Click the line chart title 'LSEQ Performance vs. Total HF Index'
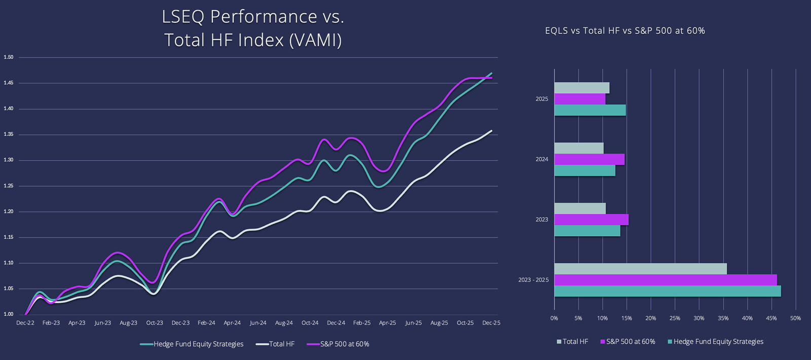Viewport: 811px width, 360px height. (x=253, y=28)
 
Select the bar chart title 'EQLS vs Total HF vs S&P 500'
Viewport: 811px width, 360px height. (x=624, y=31)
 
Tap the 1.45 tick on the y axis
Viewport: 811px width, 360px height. (x=9, y=83)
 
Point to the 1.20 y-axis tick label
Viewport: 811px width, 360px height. (x=9, y=211)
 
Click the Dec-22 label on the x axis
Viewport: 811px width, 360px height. (x=25, y=323)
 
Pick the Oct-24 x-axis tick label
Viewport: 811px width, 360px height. (x=310, y=323)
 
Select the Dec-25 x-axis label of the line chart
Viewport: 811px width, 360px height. (x=491, y=323)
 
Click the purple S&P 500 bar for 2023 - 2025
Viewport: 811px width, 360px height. (x=665, y=280)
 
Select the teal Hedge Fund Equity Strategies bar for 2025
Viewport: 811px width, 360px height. (x=590, y=110)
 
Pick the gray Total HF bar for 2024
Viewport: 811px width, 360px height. (x=579, y=148)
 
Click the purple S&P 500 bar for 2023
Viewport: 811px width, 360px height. (x=591, y=220)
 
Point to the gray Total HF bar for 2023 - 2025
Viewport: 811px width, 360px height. (x=640, y=269)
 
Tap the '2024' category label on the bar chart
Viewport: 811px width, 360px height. (x=542, y=159)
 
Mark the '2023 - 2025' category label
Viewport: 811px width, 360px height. (x=533, y=280)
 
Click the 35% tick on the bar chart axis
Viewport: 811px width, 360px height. (x=723, y=318)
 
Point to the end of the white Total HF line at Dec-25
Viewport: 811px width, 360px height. (x=491, y=131)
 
